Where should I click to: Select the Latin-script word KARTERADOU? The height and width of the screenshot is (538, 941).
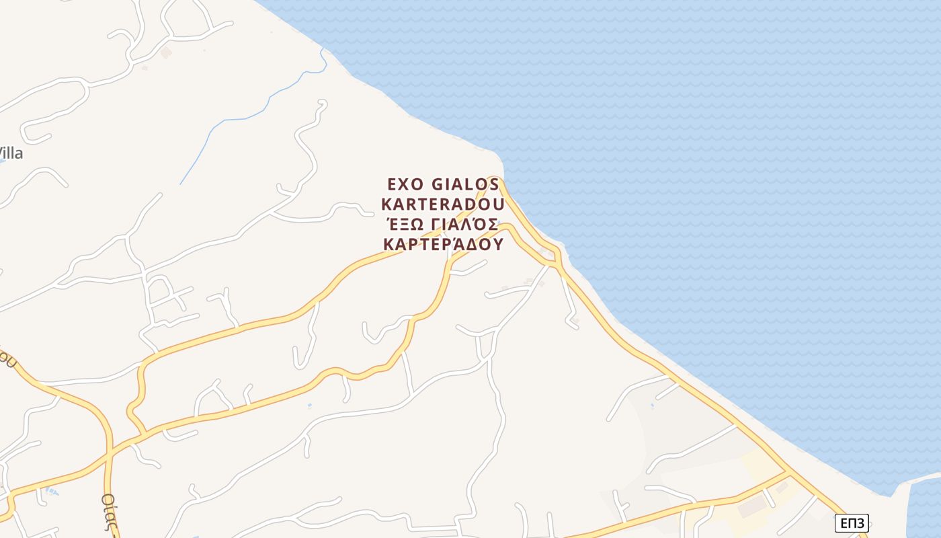[443, 204]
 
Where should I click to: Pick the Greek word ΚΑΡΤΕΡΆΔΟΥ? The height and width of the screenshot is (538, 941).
[443, 243]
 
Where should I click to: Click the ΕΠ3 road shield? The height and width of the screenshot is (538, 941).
[852, 523]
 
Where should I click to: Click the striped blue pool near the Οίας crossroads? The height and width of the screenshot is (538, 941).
[51, 492]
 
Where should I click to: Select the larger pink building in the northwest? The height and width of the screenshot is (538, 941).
[166, 52]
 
